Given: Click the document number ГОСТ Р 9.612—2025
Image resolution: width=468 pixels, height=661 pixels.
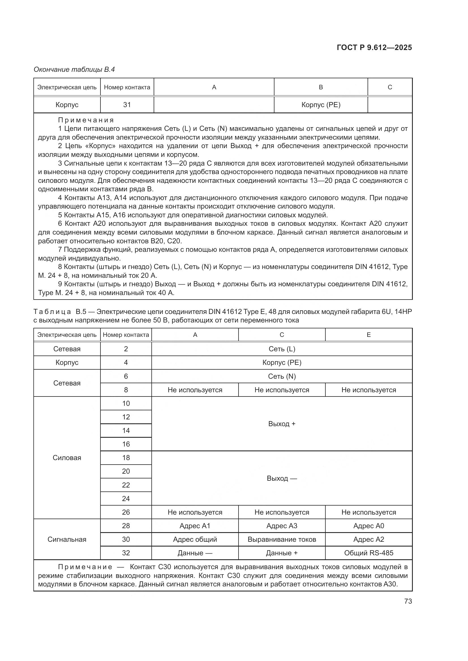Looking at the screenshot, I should click(x=374, y=47).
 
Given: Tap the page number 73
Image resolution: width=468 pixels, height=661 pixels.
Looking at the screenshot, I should click(x=408, y=601).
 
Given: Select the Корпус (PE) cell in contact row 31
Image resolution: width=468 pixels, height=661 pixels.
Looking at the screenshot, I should click(x=321, y=105).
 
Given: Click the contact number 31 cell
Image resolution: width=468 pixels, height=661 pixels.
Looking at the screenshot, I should click(x=127, y=105).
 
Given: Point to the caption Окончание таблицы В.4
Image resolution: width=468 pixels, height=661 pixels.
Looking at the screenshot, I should click(x=74, y=70).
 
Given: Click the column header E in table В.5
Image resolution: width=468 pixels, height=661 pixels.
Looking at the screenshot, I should click(x=369, y=335).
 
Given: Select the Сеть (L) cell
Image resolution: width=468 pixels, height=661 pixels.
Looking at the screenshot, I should click(x=282, y=349).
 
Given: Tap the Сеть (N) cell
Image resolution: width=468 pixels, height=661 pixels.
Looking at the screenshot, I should click(x=282, y=376).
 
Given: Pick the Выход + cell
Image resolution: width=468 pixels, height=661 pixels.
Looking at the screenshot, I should click(x=282, y=424).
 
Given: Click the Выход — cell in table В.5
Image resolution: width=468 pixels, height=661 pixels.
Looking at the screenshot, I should click(x=282, y=478).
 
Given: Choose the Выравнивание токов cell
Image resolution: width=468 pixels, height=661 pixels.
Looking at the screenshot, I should click(x=282, y=539).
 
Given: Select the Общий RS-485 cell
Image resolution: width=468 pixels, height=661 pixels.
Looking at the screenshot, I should click(x=369, y=553).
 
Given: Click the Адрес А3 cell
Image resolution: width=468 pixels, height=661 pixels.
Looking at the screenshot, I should click(x=282, y=526).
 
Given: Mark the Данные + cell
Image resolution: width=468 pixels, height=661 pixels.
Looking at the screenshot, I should click(x=282, y=553).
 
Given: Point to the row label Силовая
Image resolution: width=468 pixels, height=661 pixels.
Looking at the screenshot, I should click(x=67, y=458).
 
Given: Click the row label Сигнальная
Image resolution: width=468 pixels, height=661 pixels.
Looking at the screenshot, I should click(x=67, y=539).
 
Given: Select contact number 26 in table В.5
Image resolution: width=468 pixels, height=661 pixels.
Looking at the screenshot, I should click(x=126, y=512).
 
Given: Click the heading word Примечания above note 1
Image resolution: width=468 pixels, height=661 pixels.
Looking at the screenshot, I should click(x=86, y=120).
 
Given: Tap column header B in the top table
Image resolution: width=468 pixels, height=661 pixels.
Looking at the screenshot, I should click(x=321, y=87).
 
